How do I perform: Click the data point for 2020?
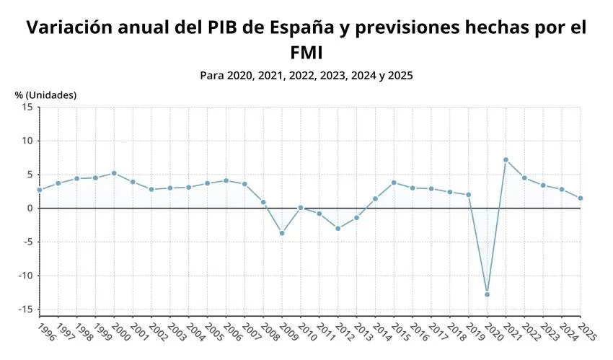[488, 294]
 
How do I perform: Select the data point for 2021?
[506, 159]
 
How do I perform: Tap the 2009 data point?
[282, 233]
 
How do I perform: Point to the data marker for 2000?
[114, 173]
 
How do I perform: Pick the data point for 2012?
[338, 228]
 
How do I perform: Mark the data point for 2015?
[394, 183]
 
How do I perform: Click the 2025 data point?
[581, 198]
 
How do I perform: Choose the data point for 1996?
[40, 190]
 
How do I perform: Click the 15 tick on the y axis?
[27, 107]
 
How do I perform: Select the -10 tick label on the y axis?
[25, 276]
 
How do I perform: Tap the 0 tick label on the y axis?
[30, 208]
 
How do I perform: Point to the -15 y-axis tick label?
[25, 309]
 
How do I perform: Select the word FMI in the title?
[306, 53]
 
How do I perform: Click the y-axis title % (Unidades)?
[45, 95]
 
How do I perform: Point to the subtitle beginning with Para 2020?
[306, 75]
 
